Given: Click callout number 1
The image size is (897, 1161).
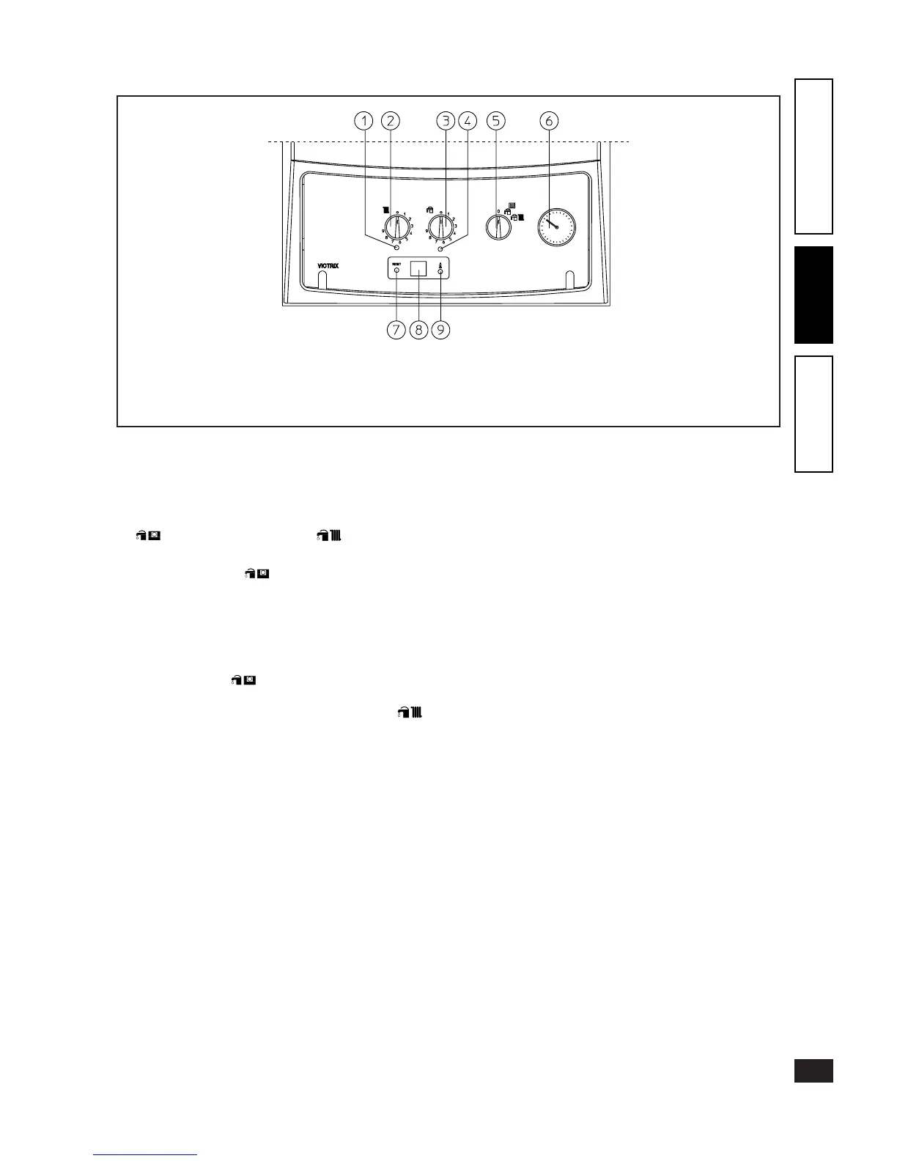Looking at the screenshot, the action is (363, 121).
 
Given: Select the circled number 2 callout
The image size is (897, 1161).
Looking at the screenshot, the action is (391, 121).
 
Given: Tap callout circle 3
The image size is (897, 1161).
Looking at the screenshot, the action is (446, 121).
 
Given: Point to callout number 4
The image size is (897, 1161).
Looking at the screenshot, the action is (468, 121).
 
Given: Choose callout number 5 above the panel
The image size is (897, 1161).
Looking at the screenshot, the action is (497, 121).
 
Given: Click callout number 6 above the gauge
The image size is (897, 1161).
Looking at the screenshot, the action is (549, 121).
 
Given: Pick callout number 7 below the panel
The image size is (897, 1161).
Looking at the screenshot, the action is (396, 330).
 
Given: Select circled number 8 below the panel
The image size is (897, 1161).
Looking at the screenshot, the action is (418, 330).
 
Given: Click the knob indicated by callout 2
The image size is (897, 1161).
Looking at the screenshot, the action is (398, 226).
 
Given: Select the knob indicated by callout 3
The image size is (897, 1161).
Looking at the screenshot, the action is (441, 226).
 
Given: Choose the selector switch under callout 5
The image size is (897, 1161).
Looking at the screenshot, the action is (498, 226).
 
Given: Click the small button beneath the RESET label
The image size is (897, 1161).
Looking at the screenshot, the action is (397, 271).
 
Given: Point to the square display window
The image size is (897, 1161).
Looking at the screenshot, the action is (418, 269).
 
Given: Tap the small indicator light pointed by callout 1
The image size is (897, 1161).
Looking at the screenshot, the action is (396, 249).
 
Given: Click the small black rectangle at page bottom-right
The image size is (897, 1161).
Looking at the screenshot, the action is (813, 1070).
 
